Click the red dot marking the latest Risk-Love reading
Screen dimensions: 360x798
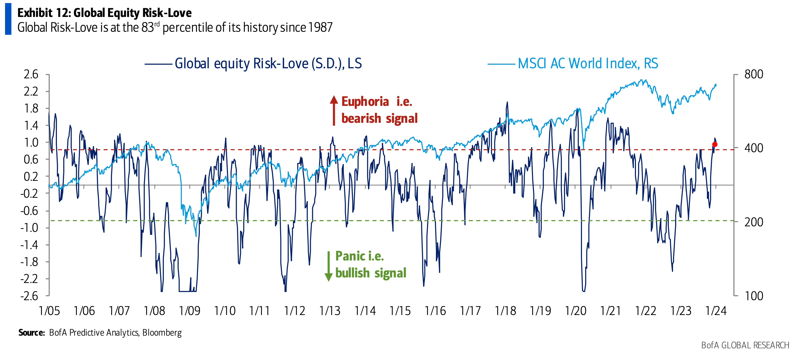click(715, 144)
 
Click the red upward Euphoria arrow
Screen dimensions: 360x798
click(334, 110)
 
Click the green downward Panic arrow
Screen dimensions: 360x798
click(328, 267)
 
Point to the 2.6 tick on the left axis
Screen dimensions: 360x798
click(31, 74)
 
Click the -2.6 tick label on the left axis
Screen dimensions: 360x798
click(29, 296)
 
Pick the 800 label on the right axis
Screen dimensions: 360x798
click(754, 74)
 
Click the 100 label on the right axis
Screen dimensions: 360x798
click(754, 296)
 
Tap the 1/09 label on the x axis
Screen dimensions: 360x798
click(190, 311)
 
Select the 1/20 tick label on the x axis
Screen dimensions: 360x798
click(576, 311)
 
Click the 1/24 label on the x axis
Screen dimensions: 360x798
click(716, 311)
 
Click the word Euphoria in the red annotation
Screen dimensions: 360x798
click(365, 102)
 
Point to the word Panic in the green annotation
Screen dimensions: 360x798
click(350, 256)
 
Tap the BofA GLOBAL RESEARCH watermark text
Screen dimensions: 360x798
click(745, 345)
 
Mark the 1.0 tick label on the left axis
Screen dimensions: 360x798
click(31, 142)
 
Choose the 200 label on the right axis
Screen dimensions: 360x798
click(754, 222)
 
